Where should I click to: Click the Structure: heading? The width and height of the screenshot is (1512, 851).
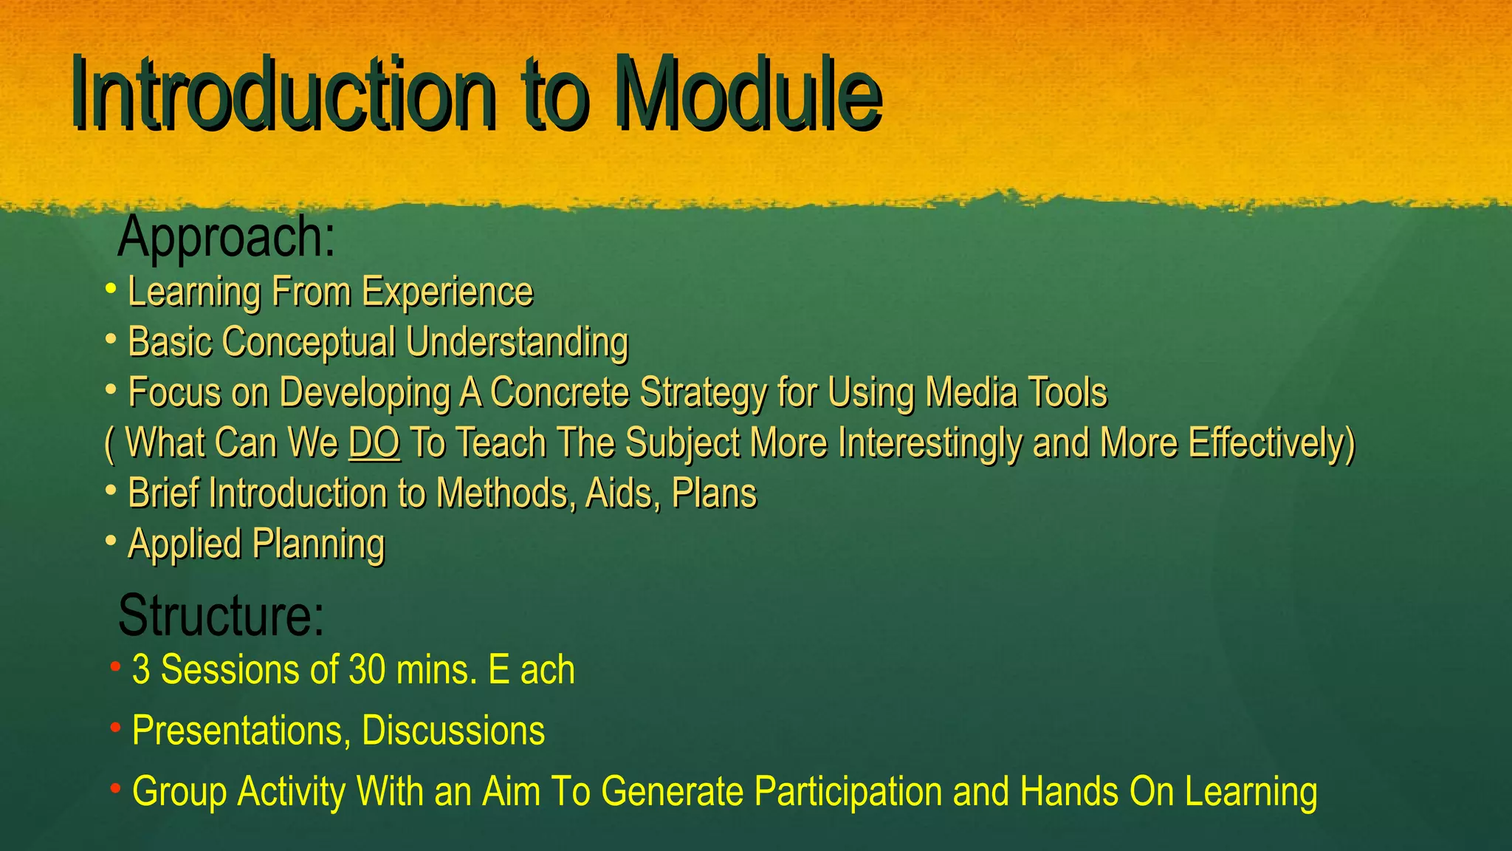(x=221, y=615)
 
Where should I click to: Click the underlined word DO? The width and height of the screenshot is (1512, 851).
(x=374, y=443)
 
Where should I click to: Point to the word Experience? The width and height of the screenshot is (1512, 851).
(x=447, y=292)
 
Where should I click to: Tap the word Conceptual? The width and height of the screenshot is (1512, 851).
(x=309, y=343)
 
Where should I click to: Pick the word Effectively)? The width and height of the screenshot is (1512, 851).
(x=1271, y=443)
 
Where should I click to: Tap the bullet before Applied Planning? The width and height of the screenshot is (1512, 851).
(x=111, y=541)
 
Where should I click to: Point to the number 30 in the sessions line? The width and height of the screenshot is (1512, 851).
(x=367, y=670)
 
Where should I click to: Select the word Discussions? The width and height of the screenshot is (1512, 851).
(x=453, y=731)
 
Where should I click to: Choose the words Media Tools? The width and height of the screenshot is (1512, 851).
(x=1016, y=392)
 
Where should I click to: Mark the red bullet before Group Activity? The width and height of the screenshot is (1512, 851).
(x=115, y=789)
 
